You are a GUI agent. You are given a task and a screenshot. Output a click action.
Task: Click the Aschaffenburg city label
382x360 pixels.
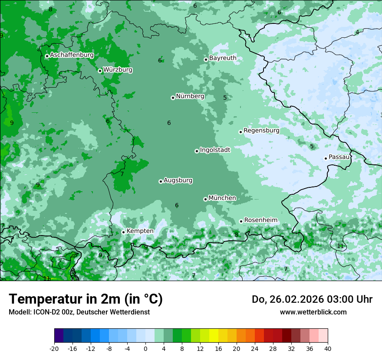pos(72,55)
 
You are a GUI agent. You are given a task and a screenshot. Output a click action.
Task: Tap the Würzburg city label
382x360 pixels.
pos(118,70)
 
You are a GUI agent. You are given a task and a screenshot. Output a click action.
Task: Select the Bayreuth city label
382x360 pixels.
pos(223,58)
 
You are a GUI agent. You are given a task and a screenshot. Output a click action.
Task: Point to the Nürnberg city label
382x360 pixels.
pos(190,96)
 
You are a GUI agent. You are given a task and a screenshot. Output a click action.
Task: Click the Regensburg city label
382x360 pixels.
pos(261,131)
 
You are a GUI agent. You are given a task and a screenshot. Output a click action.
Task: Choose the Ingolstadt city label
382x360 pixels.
pos(215,150)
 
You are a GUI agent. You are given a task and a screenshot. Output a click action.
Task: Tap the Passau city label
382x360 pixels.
pos(339,157)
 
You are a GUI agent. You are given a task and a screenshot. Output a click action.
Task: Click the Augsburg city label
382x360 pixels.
pos(178,180)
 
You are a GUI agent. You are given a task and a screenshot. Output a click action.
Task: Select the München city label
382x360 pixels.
pos(222,198)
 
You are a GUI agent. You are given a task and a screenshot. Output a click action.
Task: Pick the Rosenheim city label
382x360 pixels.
pos(260,220)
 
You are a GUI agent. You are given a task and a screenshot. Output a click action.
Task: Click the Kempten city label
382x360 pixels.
pos(140,231)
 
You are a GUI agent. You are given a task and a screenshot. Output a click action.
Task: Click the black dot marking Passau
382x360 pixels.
pos(326,158)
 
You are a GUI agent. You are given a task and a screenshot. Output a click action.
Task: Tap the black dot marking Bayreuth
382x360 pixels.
pos(206,59)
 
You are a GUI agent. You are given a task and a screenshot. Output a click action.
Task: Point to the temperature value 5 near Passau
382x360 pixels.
pos(312,147)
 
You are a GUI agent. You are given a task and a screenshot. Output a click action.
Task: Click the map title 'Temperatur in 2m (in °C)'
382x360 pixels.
pos(86,299)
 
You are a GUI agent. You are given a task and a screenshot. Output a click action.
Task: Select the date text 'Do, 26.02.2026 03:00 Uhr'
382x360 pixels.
pos(312,299)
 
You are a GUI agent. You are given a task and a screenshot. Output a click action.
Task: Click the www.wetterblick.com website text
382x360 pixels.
pos(313,312)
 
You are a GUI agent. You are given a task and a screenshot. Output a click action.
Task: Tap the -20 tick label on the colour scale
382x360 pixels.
pos(54,348)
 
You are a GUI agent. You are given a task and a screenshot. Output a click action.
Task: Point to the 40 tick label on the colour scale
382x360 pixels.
pos(327,348)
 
